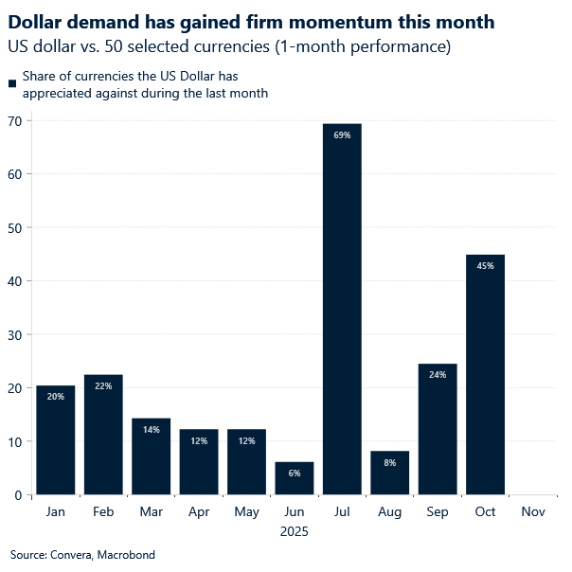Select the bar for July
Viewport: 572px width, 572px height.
click(x=342, y=313)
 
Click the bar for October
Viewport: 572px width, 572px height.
click(x=485, y=379)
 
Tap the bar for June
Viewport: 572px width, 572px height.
click(x=295, y=478)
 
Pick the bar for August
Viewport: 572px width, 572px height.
click(x=389, y=474)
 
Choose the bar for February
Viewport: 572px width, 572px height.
click(x=103, y=436)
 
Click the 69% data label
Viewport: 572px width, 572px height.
click(x=342, y=135)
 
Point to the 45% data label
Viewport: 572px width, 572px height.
click(x=485, y=266)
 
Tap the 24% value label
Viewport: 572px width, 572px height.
click(x=438, y=375)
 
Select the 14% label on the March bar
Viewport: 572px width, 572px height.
click(x=152, y=429)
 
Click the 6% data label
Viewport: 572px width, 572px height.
click(x=295, y=473)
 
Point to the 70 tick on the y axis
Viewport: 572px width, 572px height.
click(x=15, y=120)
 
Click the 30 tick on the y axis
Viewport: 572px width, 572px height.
click(x=15, y=334)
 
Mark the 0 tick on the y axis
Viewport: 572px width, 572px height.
click(x=18, y=494)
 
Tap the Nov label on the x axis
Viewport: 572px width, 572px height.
click(x=533, y=511)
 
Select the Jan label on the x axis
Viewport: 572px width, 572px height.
click(x=56, y=511)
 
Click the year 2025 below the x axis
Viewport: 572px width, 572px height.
click(x=294, y=532)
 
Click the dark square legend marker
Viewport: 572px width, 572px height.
click(x=12, y=85)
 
